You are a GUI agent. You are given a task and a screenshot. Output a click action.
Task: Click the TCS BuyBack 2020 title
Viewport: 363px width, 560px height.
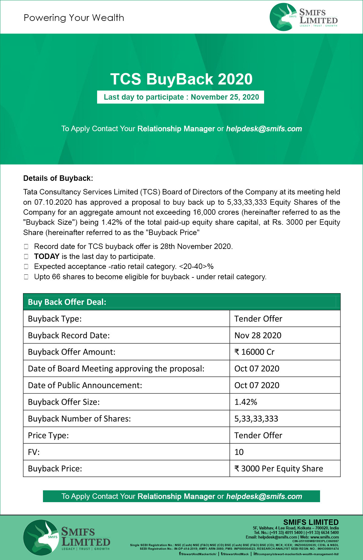coord(181,79)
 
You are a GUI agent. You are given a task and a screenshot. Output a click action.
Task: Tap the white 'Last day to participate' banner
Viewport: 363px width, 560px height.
coord(181,97)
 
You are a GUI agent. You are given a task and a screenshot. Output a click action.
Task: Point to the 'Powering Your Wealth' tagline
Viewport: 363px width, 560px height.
coord(74,18)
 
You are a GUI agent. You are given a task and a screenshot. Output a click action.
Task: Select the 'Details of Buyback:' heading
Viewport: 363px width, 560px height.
coord(58,178)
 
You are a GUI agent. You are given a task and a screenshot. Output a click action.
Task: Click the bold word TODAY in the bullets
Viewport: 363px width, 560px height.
coord(47,257)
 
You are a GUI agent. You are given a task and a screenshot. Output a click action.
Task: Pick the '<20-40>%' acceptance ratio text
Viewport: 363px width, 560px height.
coord(196,267)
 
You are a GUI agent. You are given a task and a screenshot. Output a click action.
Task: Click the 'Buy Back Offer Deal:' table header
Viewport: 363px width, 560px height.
coord(67,302)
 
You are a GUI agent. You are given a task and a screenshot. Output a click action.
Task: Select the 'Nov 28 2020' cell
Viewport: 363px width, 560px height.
coord(258,335)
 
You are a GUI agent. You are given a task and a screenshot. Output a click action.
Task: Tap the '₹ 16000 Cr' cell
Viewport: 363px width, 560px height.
coord(254,352)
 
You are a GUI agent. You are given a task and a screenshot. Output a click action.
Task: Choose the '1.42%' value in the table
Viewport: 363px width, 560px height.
coord(246,402)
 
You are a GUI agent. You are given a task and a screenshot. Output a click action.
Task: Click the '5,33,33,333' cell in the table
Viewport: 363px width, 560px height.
coord(256,419)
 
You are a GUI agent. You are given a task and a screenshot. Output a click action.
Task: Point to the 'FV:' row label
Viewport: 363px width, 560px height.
coord(34,452)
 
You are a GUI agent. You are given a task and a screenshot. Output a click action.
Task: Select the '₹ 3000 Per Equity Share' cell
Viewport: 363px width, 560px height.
coord(279,469)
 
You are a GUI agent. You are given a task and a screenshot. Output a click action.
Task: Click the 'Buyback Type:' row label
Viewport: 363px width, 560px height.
coord(55,319)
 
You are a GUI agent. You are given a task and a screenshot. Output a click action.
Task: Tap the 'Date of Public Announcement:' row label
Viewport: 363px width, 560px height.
coord(85,385)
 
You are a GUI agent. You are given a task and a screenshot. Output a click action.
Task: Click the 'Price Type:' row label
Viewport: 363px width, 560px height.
coord(48,436)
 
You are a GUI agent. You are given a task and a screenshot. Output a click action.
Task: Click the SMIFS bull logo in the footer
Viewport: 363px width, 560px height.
coord(41,538)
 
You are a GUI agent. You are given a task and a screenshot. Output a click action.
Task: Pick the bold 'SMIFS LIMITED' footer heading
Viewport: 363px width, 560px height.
coord(311,522)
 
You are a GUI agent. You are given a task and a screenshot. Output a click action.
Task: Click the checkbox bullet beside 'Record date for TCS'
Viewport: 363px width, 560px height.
coord(26,247)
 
